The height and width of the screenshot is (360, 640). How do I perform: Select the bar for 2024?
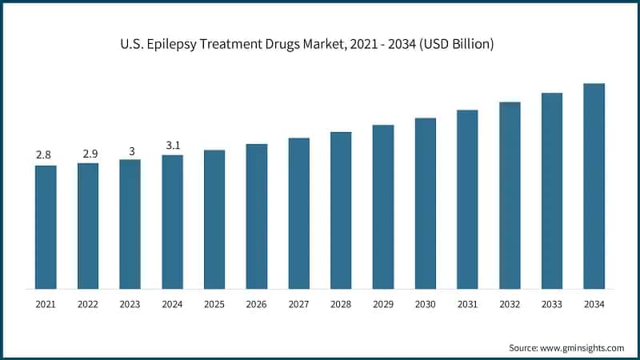click(x=172, y=222)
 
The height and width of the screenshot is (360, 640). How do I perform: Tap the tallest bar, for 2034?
click(x=594, y=186)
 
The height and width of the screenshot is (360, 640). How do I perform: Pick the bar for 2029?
click(x=382, y=206)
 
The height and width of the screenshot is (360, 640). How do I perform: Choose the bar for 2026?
click(x=256, y=216)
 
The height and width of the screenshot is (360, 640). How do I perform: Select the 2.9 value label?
click(x=88, y=153)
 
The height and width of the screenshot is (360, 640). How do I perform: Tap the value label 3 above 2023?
click(x=130, y=149)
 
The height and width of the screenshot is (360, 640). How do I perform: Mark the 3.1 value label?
click(x=172, y=145)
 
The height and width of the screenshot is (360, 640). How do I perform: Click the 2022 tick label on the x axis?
click(x=88, y=305)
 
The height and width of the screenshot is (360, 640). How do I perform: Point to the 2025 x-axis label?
click(x=214, y=305)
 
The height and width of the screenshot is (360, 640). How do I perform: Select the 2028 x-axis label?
click(x=341, y=305)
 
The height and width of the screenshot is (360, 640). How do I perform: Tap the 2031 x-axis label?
click(x=467, y=305)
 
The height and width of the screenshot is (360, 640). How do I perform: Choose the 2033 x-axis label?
click(x=551, y=305)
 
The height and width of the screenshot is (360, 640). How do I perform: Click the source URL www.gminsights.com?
click(x=582, y=348)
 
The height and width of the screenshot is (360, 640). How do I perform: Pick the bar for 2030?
click(x=425, y=203)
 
